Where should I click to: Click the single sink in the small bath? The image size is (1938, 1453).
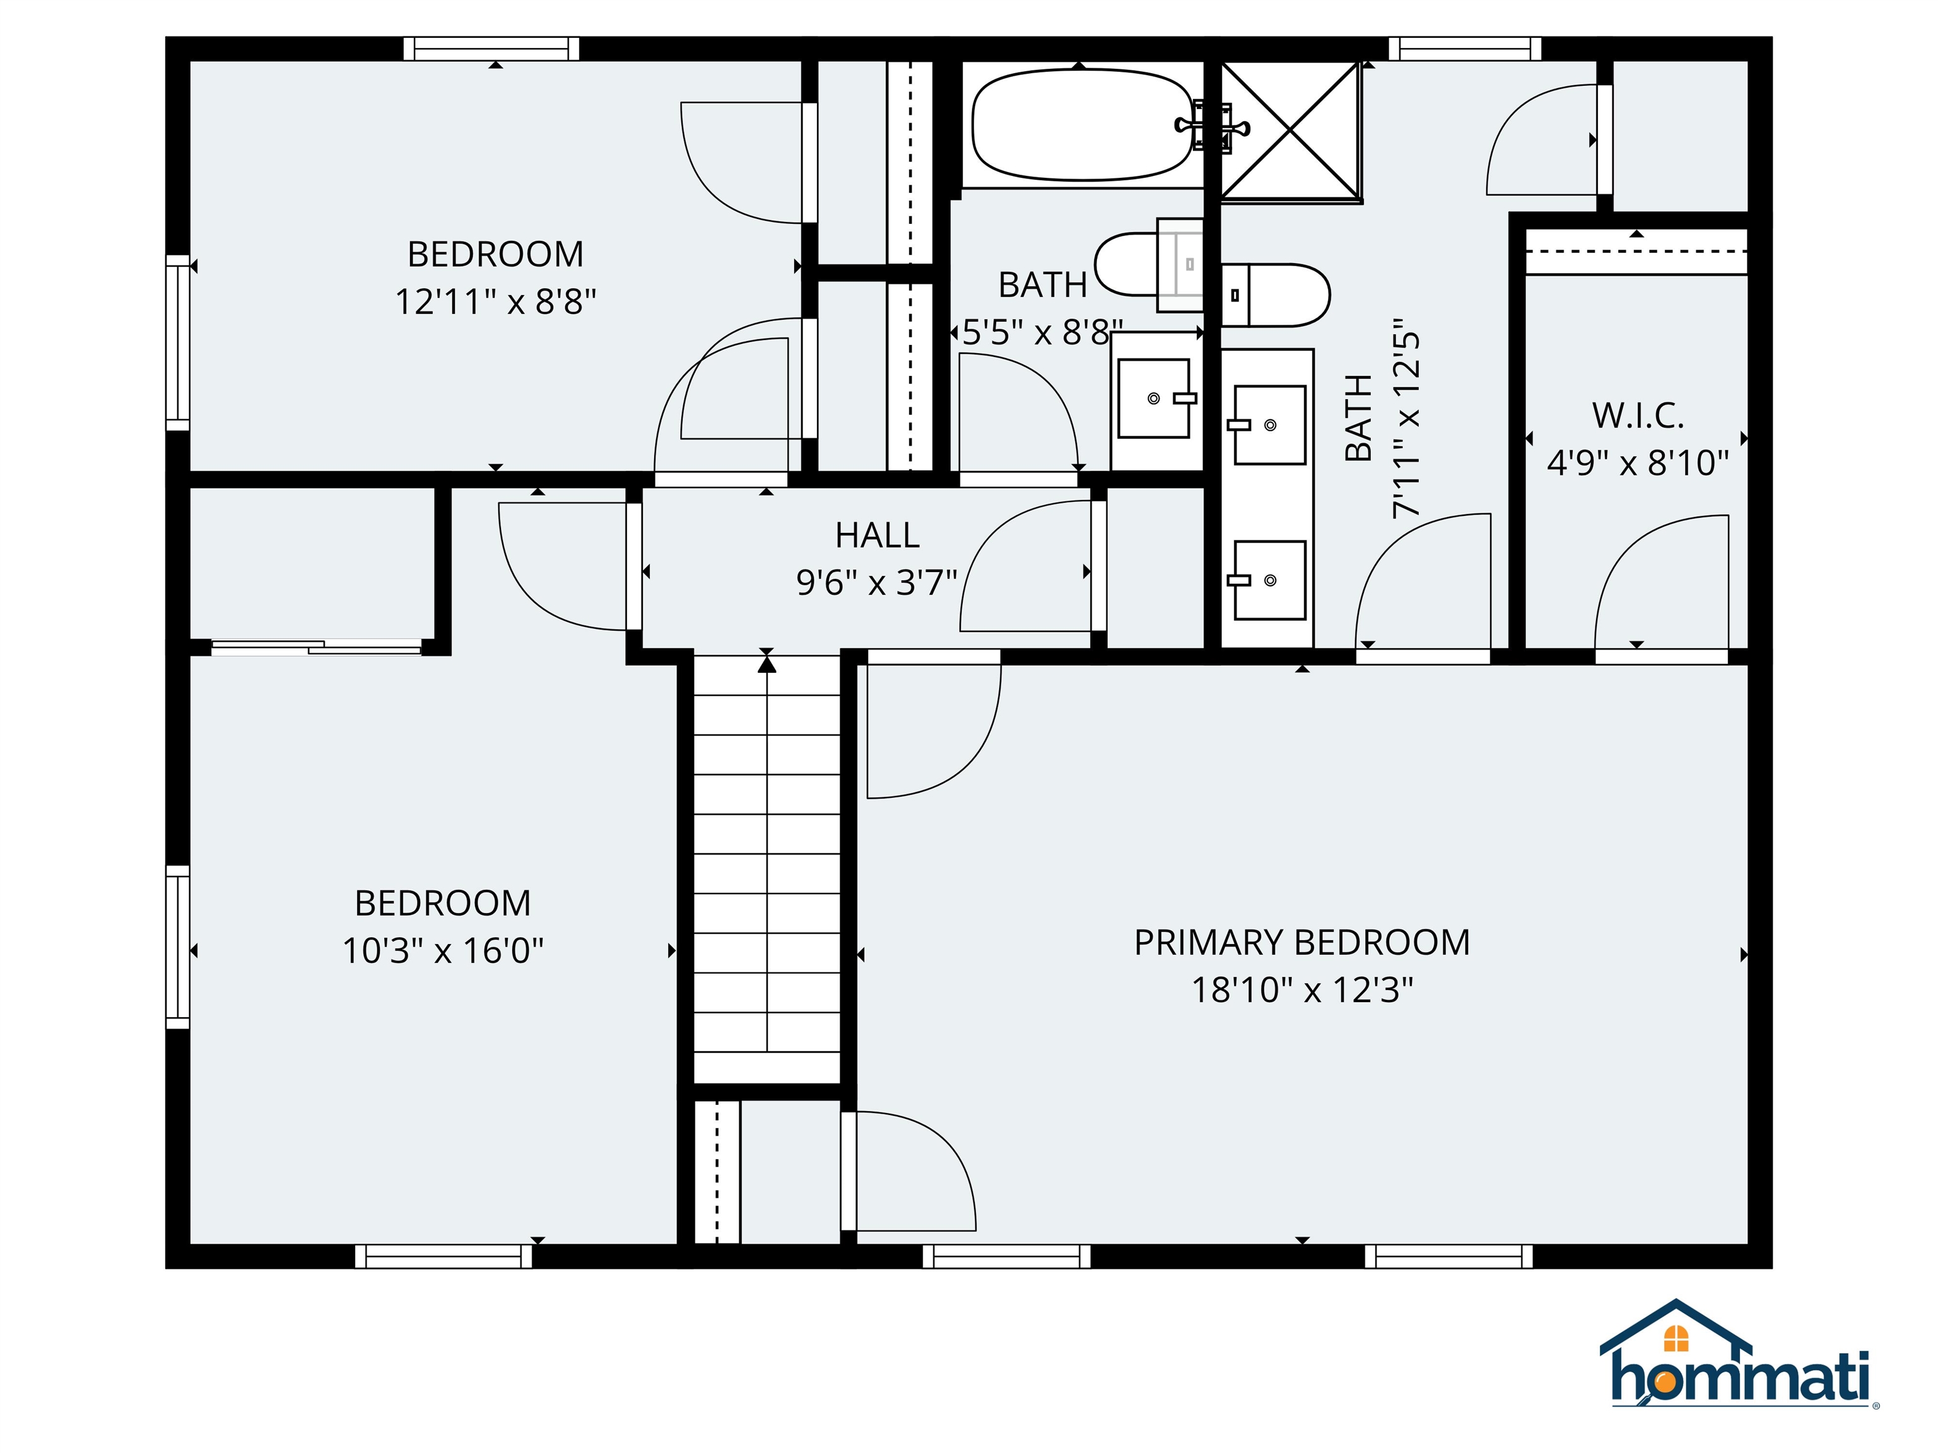pyautogui.click(x=1154, y=399)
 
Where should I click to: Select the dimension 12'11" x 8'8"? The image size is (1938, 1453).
pyautogui.click(x=495, y=302)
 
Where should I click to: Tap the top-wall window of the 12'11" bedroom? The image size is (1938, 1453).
pyautogui.click(x=491, y=48)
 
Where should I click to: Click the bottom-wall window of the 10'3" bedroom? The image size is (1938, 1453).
pyautogui.click(x=443, y=1257)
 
